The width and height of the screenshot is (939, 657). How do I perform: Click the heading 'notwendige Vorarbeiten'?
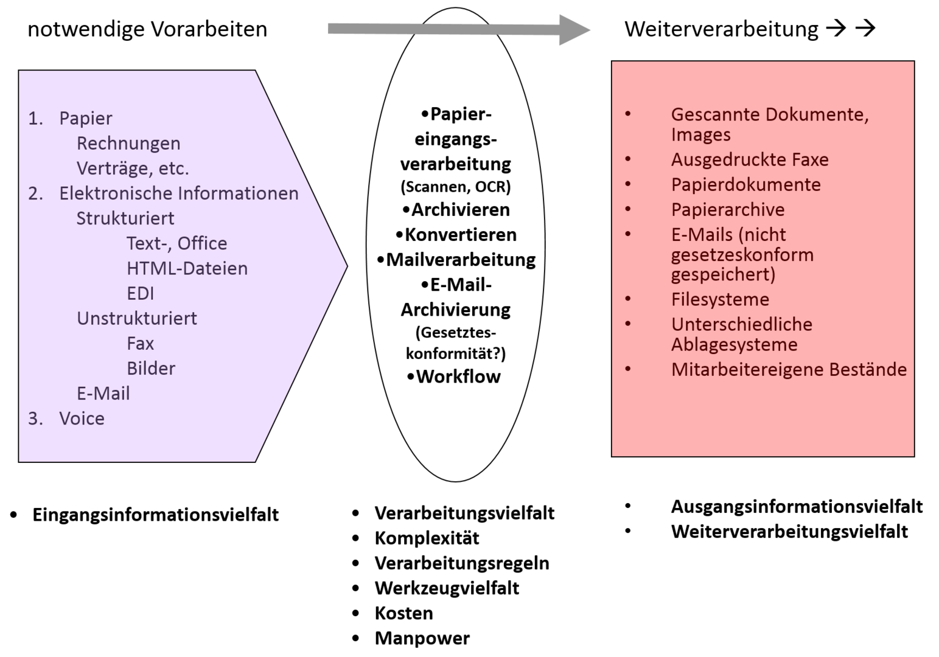coord(147,29)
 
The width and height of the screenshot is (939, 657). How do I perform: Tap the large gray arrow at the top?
coord(456,29)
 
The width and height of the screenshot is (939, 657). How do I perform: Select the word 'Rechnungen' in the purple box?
coord(128,144)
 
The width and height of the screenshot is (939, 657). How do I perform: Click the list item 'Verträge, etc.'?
coord(133,169)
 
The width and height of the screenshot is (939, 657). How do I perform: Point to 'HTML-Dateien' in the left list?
coord(187,268)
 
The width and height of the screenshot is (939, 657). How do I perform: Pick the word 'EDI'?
coord(140,293)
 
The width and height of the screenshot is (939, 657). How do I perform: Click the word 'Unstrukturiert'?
coord(137,318)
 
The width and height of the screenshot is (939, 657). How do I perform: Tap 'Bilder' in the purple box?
coord(151,369)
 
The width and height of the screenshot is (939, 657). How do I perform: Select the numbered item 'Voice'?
coord(82,419)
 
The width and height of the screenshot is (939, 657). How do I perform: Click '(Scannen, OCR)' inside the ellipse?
coord(455,187)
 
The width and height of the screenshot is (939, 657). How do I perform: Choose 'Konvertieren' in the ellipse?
coord(460,235)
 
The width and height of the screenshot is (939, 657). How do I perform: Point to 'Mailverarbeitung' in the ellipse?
coord(461,260)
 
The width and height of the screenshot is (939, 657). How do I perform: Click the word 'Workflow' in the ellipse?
coord(458,377)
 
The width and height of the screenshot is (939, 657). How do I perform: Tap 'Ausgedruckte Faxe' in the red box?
coord(750,160)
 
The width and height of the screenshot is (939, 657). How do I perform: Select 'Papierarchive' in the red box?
coord(728,210)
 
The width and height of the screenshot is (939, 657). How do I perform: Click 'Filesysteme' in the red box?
coord(720,299)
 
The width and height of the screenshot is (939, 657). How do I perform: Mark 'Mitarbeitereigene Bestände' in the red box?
coord(789,369)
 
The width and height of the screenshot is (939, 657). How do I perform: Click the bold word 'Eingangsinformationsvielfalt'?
coord(155,515)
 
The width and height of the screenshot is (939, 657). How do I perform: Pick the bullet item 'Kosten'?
coord(403,613)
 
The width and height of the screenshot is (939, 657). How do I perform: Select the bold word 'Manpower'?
coord(422,638)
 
